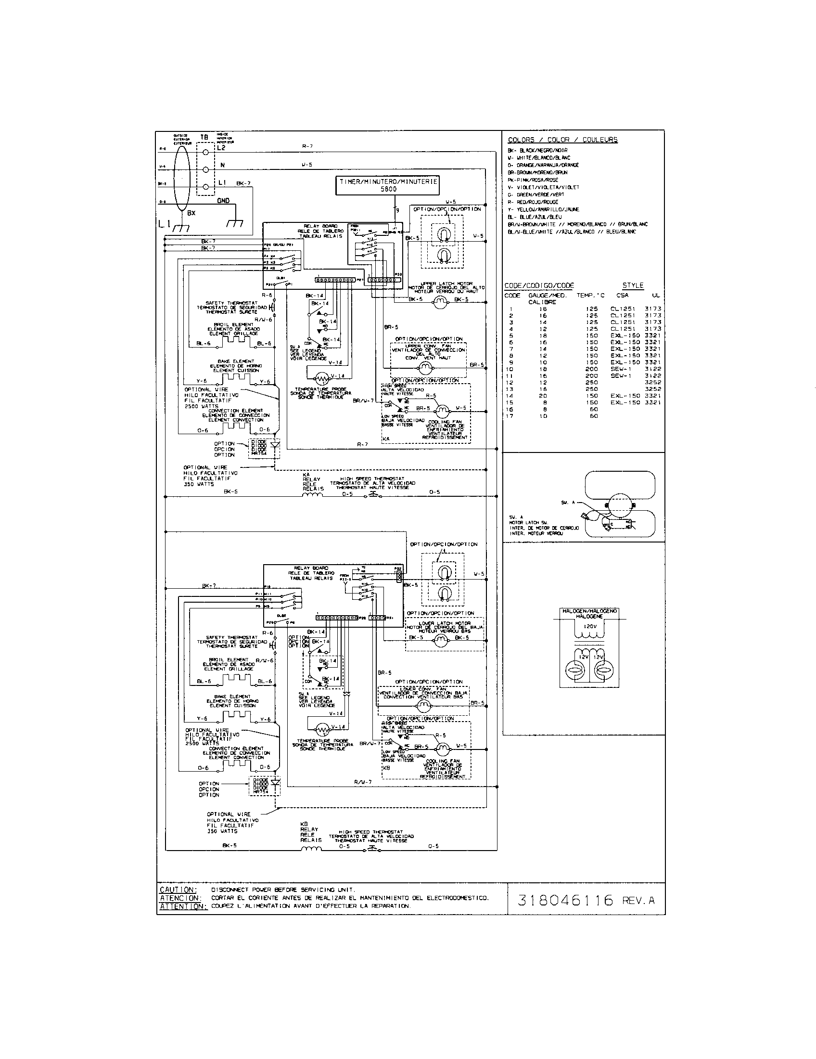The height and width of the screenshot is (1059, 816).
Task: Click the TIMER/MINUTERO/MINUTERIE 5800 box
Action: pyautogui.click(x=388, y=185)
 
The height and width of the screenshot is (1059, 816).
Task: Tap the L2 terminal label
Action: pyautogui.click(x=221, y=147)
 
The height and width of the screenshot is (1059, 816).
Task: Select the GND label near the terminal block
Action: pyautogui.click(x=223, y=200)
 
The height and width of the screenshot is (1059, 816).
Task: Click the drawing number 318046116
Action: pyautogui.click(x=565, y=900)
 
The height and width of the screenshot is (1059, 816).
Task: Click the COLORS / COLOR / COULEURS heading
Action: pyautogui.click(x=562, y=140)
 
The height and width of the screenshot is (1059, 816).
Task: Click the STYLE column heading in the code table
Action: pyautogui.click(x=633, y=285)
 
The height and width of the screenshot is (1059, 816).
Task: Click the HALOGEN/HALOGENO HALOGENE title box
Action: pyautogui.click(x=589, y=614)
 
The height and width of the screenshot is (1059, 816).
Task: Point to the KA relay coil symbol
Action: pyautogui.click(x=313, y=495)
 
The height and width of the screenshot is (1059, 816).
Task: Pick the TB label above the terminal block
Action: pyautogui.click(x=204, y=137)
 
